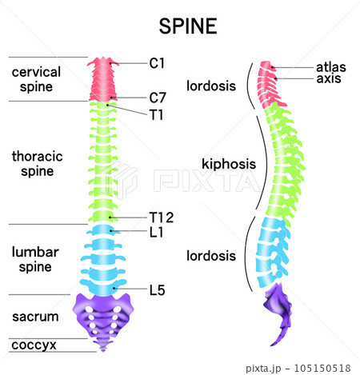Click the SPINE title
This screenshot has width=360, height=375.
coord(188,26)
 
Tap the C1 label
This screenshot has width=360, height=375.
coord(157,63)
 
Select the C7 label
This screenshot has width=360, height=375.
coord(158,98)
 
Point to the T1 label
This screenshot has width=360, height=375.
coord(156,115)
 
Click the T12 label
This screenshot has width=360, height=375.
coord(162,217)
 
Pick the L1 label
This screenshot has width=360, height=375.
coord(156,232)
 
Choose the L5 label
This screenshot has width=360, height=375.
coord(157,290)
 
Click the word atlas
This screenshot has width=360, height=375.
coord(331,67)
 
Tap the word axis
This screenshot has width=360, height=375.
coord(329,78)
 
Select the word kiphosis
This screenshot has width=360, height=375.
coord(229,164)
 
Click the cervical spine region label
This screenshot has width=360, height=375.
coord(36,79)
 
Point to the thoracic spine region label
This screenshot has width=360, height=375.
coord(38,164)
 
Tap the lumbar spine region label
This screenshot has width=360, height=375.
coord(35,259)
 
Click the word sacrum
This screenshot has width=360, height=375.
coord(35,317)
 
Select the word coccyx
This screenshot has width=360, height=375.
coord(34,345)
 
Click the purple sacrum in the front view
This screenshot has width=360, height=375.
coord(103,314)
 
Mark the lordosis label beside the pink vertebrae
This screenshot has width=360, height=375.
coord(211,86)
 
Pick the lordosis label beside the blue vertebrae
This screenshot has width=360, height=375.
coord(211,256)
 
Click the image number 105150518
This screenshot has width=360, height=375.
coord(322,369)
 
